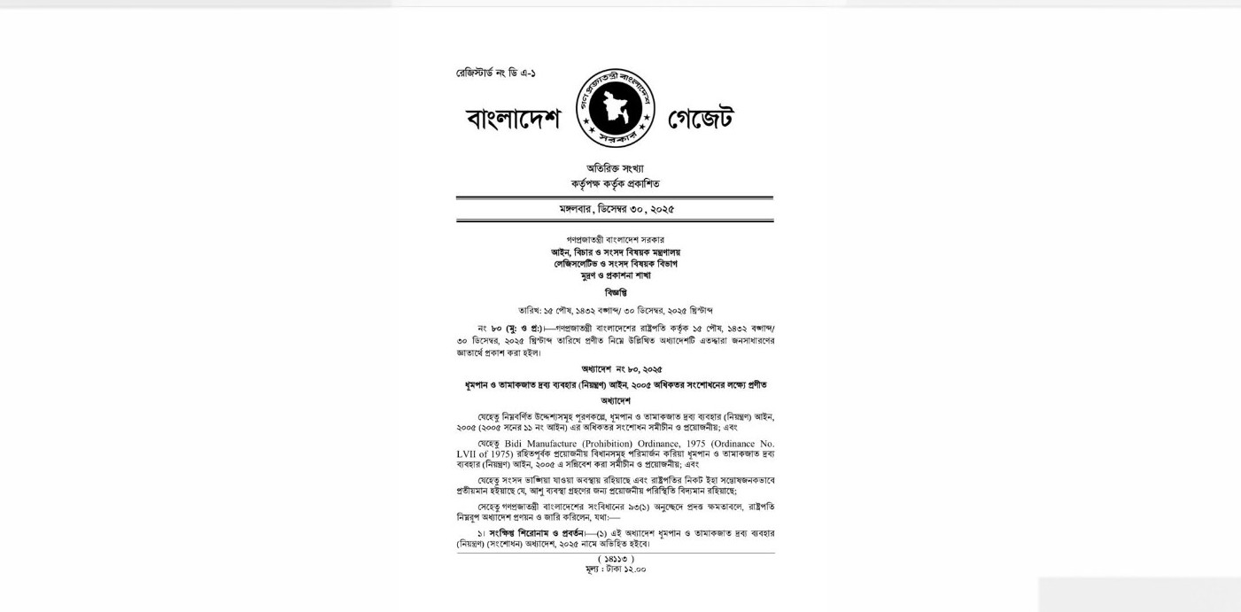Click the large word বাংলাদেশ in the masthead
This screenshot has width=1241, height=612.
[513, 119]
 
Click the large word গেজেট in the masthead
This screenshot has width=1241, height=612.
[700, 118]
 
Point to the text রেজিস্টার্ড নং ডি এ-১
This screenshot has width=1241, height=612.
[496, 73]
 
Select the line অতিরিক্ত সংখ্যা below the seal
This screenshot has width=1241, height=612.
[615, 168]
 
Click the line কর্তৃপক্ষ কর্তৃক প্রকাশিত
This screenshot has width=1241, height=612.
[615, 183]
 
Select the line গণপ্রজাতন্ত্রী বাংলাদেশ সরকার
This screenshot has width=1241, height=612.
[615, 240]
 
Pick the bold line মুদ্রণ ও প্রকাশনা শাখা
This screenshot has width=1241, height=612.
[615, 275]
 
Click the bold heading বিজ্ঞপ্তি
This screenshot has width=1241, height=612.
[615, 292]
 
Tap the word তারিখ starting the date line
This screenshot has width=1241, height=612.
[529, 310]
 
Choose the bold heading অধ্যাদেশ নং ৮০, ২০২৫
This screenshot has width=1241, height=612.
[621, 368]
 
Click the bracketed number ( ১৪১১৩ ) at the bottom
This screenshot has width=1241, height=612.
[616, 559]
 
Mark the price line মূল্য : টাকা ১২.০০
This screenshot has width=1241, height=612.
[616, 569]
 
